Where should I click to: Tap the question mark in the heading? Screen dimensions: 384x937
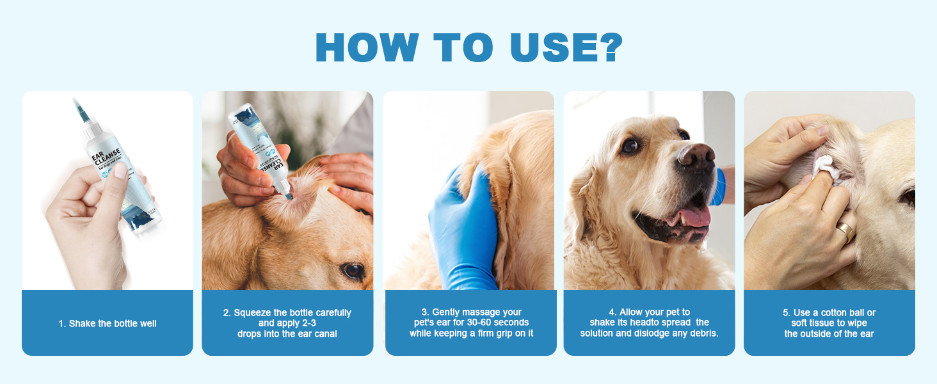[x=605, y=47]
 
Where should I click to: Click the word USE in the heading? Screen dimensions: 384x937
[x=550, y=47]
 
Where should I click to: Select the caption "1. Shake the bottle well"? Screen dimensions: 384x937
[x=108, y=323]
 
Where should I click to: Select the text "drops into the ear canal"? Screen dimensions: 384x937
[x=287, y=333]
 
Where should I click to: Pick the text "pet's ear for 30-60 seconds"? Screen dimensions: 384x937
[x=470, y=323]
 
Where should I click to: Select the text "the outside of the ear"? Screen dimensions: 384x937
[x=829, y=333]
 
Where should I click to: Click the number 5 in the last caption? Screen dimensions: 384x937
[x=785, y=312]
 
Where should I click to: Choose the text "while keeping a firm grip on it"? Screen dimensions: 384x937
[x=471, y=333]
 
